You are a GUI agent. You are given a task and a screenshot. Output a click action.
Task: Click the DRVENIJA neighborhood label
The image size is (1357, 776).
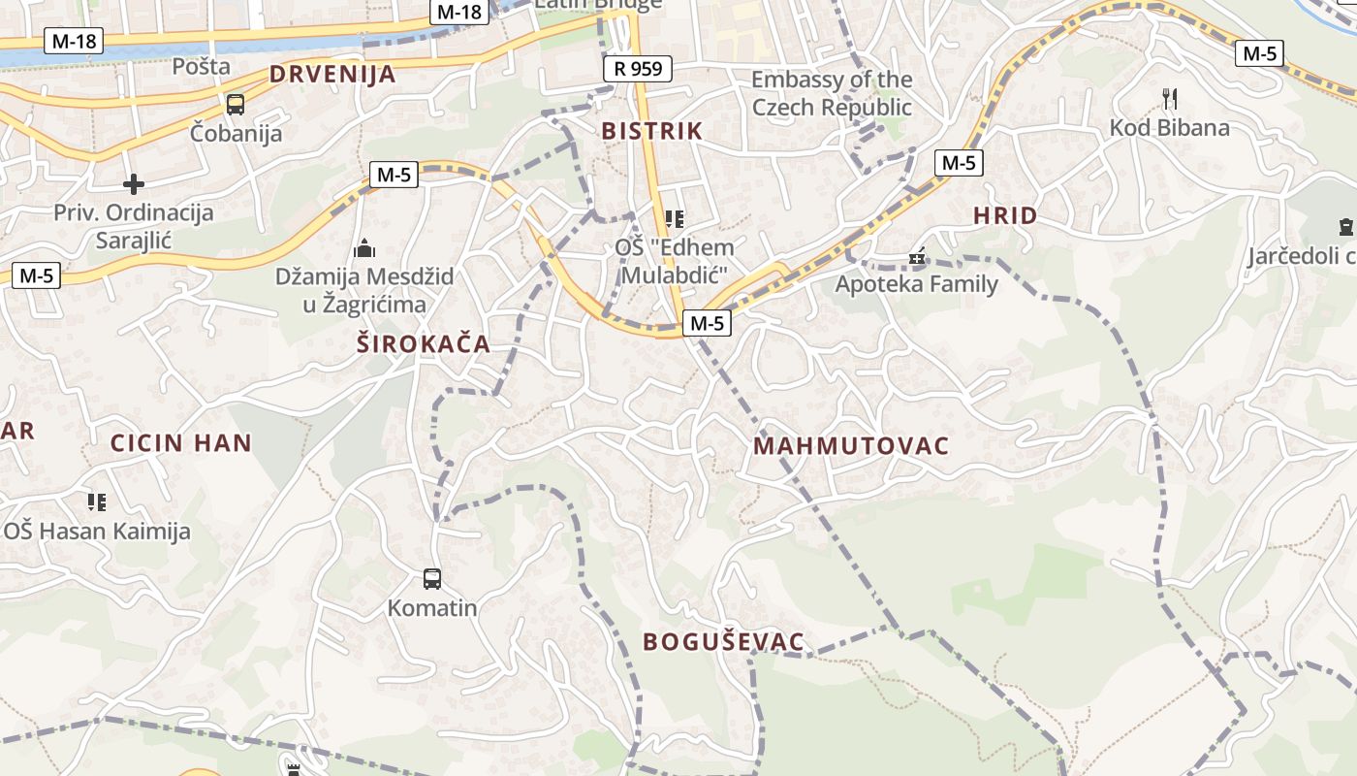pyautogui.click(x=332, y=74)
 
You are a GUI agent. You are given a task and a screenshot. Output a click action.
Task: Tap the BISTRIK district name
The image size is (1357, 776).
pyautogui.click(x=651, y=131)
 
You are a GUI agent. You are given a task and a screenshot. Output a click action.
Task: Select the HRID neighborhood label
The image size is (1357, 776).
pyautogui.click(x=1005, y=215)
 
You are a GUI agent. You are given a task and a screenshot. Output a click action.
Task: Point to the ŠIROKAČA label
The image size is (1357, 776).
pyautogui.click(x=424, y=343)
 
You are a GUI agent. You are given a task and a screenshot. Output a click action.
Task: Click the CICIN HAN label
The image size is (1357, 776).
pyautogui.click(x=181, y=443)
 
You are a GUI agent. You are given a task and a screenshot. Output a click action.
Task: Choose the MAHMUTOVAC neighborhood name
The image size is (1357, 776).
pyautogui.click(x=851, y=446)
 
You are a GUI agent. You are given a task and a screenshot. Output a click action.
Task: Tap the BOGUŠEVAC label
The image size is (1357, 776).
pyautogui.click(x=724, y=641)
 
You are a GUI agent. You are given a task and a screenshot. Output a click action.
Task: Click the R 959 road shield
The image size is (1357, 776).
pyautogui.click(x=637, y=69)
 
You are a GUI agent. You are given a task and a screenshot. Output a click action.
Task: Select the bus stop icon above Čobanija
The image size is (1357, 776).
pyautogui.click(x=235, y=105)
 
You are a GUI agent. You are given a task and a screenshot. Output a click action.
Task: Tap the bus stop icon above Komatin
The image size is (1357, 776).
pyautogui.click(x=432, y=579)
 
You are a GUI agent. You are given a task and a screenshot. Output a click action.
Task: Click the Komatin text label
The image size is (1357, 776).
pyautogui.click(x=432, y=608)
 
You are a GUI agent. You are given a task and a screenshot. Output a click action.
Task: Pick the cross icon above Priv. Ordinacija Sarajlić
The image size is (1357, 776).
pyautogui.click(x=134, y=183)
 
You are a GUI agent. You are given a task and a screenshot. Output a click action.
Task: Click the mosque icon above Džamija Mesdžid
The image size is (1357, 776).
pyautogui.click(x=364, y=248)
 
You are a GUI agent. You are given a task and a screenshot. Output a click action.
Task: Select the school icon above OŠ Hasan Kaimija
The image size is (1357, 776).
pyautogui.click(x=96, y=501)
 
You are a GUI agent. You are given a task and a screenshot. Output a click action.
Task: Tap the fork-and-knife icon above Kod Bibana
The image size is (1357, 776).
pyautogui.click(x=1169, y=98)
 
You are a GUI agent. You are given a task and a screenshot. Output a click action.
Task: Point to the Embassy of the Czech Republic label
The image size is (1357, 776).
pyautogui.click(x=832, y=93)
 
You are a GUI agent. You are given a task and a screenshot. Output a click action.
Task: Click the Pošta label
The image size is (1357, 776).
pyautogui.click(x=202, y=66)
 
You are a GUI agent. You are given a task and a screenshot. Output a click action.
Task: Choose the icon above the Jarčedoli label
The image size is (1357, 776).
pyautogui.click(x=1345, y=228)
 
